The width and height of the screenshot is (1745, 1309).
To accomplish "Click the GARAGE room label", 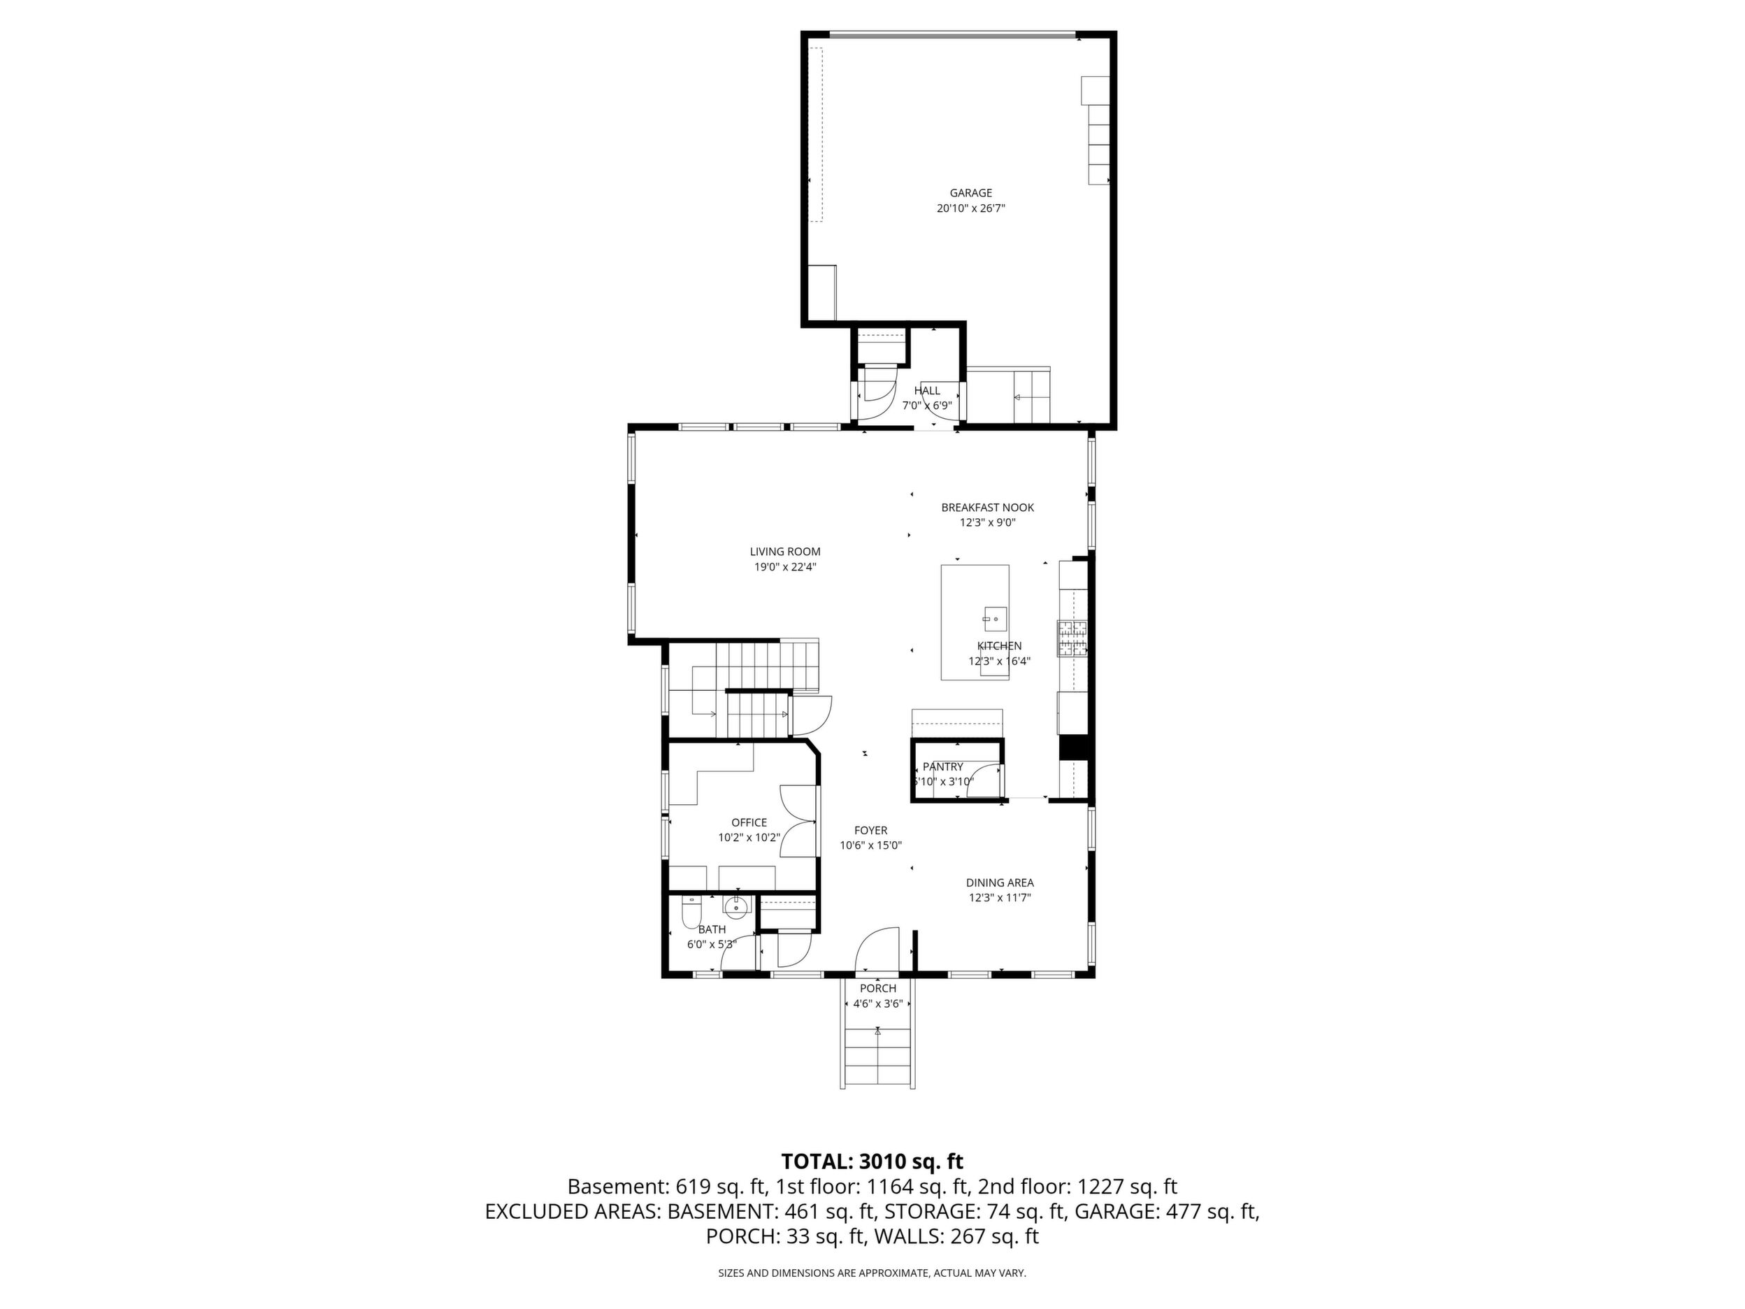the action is pos(970,192).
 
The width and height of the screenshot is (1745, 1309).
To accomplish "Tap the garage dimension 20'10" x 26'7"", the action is pos(970,208).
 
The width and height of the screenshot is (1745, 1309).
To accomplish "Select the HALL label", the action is pos(927,391).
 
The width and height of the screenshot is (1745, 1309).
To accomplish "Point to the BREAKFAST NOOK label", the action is pos(987,508).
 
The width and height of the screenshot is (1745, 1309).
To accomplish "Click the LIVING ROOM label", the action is pos(785,552).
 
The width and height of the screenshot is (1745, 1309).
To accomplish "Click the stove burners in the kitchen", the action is pos(1072,638).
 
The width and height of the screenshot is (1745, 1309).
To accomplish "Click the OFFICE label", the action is pos(749,822).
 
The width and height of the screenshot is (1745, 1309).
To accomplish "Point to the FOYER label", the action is pos(870,830).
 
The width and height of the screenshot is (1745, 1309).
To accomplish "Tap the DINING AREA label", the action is pos(1000,883).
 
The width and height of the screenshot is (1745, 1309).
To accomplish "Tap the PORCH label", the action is pos(878,989).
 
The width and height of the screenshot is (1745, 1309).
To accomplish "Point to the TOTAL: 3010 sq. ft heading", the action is pos(872,1161).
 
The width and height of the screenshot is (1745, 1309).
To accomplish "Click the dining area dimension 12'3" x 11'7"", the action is pos(1000,898).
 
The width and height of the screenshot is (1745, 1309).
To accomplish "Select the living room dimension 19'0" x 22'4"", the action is pos(785,566).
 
